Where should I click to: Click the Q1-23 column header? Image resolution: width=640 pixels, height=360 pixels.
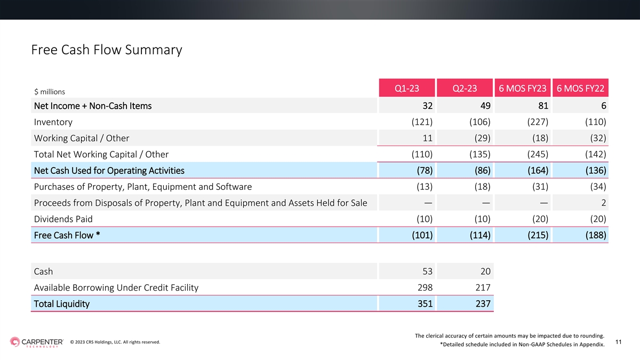click(x=407, y=89)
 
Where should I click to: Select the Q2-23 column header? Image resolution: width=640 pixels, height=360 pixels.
click(x=465, y=89)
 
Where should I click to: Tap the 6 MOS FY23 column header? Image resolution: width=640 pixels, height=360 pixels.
click(x=523, y=89)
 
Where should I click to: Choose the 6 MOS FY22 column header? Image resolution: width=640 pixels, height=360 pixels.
click(x=580, y=89)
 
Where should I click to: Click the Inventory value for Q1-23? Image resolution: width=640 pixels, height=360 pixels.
click(x=422, y=122)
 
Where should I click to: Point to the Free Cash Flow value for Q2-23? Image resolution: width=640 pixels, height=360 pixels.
click(x=480, y=235)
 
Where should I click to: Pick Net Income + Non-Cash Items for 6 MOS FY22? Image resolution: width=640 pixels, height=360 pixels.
click(x=603, y=106)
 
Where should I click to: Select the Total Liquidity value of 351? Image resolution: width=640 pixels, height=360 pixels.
click(x=425, y=303)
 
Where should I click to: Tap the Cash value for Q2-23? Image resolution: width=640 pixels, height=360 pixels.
click(x=485, y=271)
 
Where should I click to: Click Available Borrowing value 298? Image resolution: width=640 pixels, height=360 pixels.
click(x=425, y=287)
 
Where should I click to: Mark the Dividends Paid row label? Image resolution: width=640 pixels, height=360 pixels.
click(x=63, y=219)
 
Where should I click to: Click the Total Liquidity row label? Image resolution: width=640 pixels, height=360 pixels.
click(x=62, y=303)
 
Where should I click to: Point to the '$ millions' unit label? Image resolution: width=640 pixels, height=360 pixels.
click(x=50, y=92)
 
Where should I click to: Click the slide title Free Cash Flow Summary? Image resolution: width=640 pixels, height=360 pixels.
click(x=107, y=50)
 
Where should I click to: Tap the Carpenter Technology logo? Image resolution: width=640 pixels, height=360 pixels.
click(x=37, y=342)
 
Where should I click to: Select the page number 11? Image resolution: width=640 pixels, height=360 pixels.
click(x=618, y=342)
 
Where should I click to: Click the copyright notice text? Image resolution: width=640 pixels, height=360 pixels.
click(x=115, y=342)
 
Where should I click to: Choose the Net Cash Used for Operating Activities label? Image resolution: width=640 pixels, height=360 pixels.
click(x=109, y=171)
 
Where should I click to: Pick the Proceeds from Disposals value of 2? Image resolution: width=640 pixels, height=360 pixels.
click(x=603, y=203)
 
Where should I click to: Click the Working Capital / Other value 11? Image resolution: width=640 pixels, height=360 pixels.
click(x=427, y=138)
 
